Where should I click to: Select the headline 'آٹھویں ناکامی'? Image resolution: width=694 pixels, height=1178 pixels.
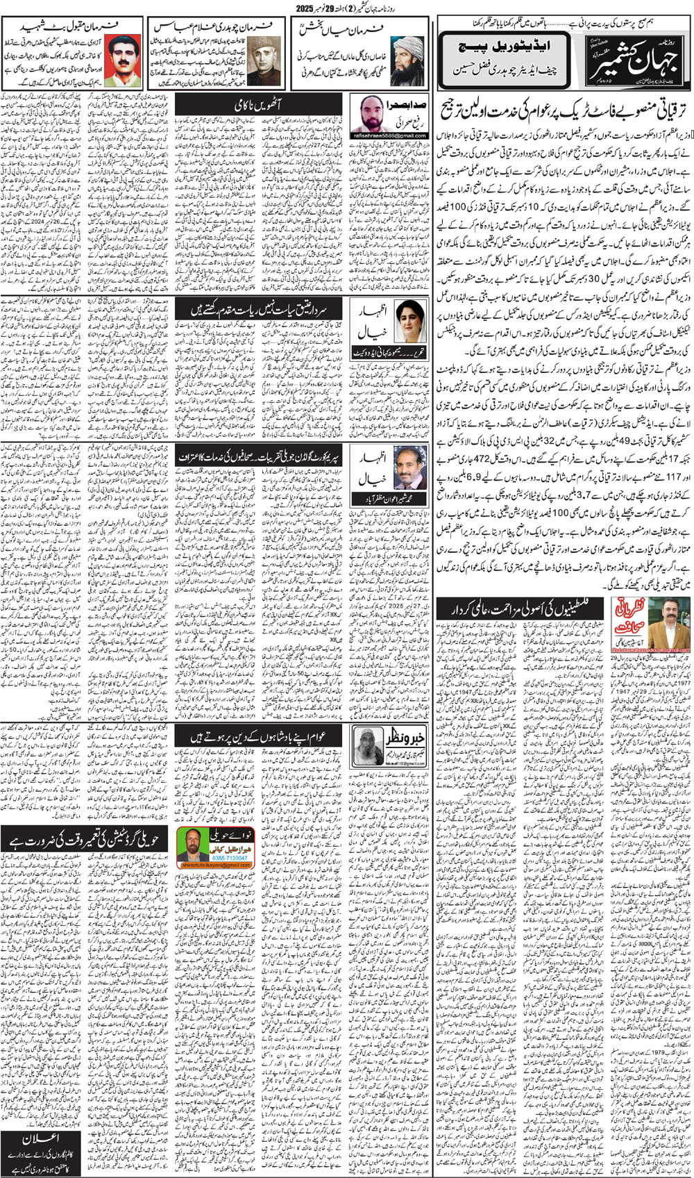click(257, 104)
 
